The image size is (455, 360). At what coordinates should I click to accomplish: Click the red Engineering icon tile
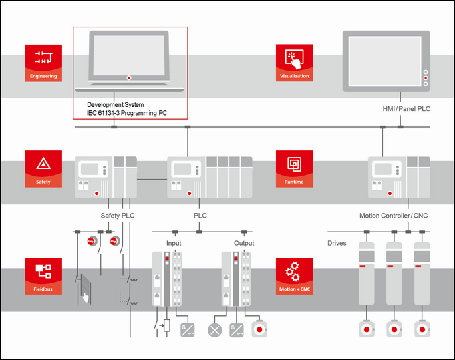[x=43, y=63]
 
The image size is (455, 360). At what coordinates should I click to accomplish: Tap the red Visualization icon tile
[x=294, y=63]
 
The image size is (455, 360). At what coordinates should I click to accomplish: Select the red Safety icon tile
[x=43, y=169]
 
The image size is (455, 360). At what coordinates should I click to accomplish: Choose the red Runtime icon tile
[x=294, y=169]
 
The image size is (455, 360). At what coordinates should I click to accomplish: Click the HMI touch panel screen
[x=381, y=61]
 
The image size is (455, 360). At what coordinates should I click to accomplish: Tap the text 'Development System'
[x=116, y=105]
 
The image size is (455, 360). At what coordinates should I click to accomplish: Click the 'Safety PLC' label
[x=118, y=216]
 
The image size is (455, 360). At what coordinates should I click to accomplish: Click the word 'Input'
[x=173, y=243]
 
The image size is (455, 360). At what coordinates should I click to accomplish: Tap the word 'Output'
[x=244, y=243]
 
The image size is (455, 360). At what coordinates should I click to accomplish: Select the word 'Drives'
[x=337, y=243]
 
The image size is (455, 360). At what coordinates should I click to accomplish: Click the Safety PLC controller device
[x=106, y=178]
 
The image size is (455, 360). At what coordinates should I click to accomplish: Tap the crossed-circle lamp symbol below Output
[x=215, y=329]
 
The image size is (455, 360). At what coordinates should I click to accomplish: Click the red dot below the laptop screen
[x=129, y=78]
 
